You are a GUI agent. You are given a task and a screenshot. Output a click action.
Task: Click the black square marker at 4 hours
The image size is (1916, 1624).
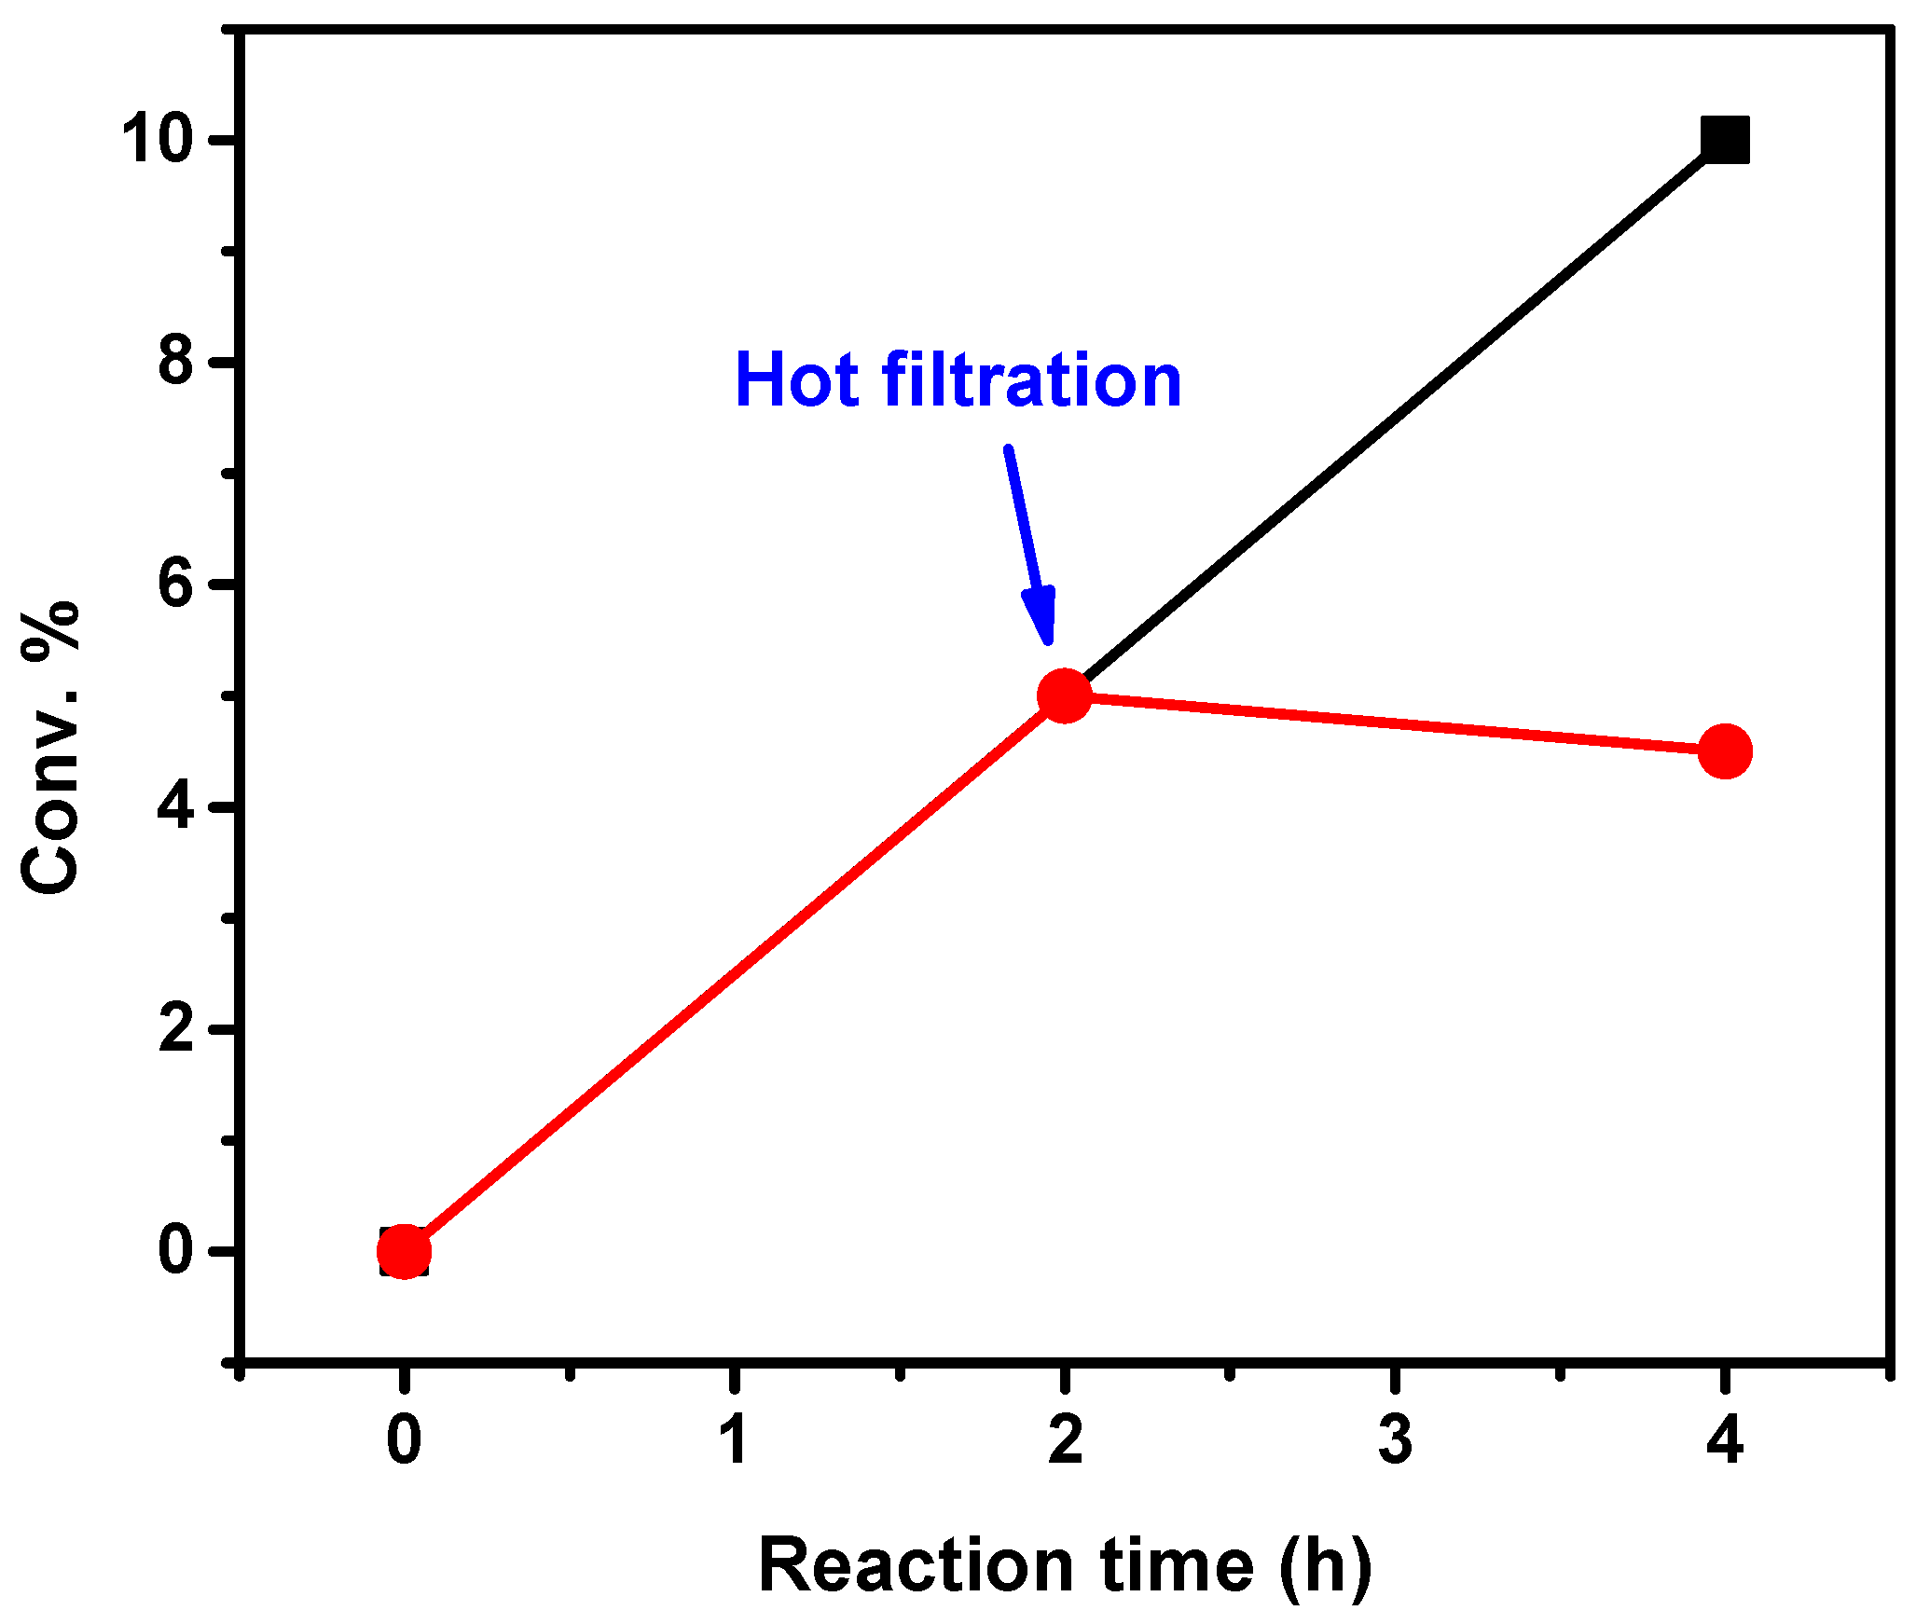point(1724,141)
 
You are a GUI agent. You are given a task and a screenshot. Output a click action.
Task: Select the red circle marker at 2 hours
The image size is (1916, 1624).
point(1064,695)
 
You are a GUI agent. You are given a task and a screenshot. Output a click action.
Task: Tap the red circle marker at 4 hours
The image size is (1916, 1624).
point(1725,750)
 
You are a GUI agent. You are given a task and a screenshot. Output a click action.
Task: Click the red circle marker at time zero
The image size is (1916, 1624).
point(404,1251)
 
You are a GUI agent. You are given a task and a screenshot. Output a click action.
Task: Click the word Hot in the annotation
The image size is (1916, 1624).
point(796,380)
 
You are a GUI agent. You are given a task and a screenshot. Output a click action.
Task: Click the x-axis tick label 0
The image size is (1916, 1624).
point(404,1440)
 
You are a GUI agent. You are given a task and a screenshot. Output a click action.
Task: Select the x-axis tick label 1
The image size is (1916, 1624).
point(736,1440)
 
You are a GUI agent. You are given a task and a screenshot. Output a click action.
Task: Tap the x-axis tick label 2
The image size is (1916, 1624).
point(1065,1440)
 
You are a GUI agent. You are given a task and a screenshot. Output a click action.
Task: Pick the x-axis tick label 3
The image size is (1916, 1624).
point(1395,1440)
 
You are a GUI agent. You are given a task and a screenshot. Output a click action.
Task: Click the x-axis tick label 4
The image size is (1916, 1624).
point(1725,1440)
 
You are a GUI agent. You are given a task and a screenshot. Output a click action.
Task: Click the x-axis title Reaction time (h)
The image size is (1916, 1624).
point(1065,1566)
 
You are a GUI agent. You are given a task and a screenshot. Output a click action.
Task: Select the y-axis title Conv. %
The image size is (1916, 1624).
point(51,749)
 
